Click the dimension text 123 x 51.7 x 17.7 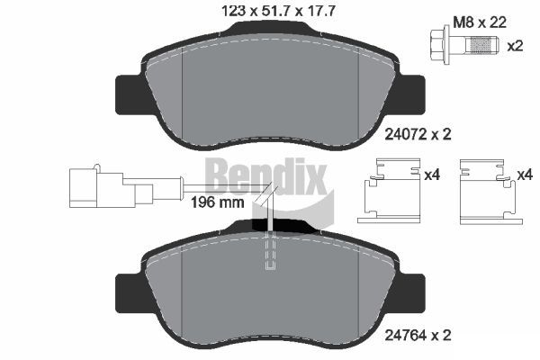[278, 12]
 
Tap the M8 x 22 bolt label [480, 22]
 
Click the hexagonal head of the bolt [438, 45]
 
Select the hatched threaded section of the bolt [481, 45]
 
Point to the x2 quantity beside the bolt [515, 46]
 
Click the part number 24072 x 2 [418, 134]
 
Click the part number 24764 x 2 [418, 334]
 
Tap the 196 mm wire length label [217, 202]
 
